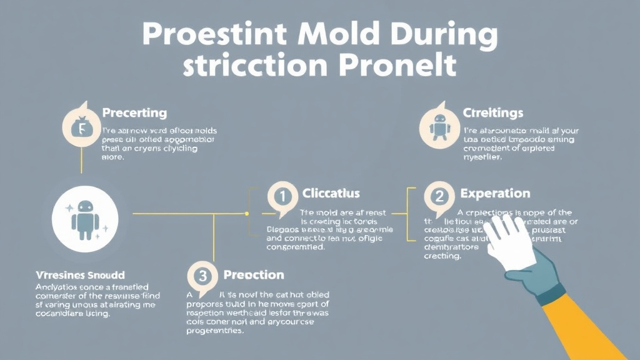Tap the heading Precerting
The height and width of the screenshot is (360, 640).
click(134, 113)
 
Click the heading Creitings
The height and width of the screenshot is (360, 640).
click(493, 113)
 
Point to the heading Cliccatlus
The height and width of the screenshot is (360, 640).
click(331, 194)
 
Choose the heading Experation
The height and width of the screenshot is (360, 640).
click(495, 194)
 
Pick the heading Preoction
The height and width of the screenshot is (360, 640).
click(253, 275)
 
